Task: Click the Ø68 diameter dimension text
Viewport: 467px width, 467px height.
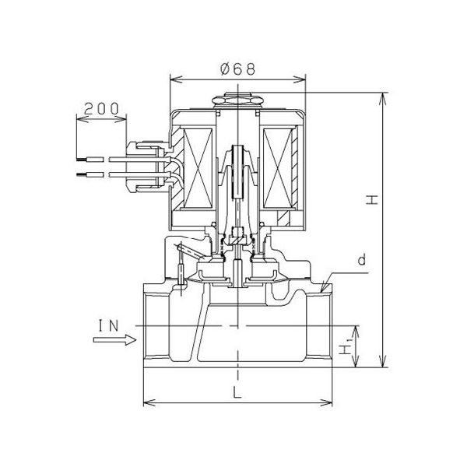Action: click(x=235, y=70)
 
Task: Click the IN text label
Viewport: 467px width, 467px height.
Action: click(x=111, y=324)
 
